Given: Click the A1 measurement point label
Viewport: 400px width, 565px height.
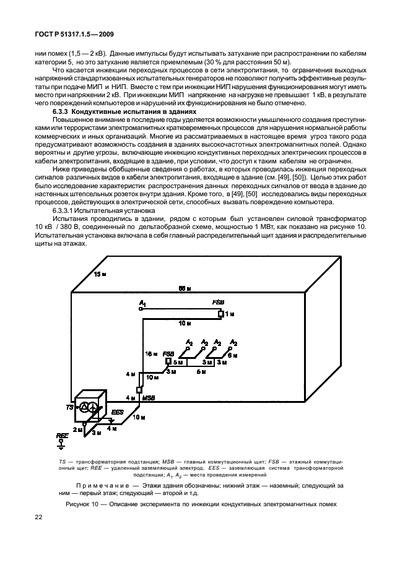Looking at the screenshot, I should click(x=142, y=302).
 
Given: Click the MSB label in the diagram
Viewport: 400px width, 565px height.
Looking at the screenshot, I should click(x=148, y=397).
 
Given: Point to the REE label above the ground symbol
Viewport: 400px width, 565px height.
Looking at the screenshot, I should click(x=62, y=436).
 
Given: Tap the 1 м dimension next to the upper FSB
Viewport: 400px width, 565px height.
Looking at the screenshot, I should click(x=229, y=314).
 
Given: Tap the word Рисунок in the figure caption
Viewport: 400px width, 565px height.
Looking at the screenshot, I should click(x=79, y=504).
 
